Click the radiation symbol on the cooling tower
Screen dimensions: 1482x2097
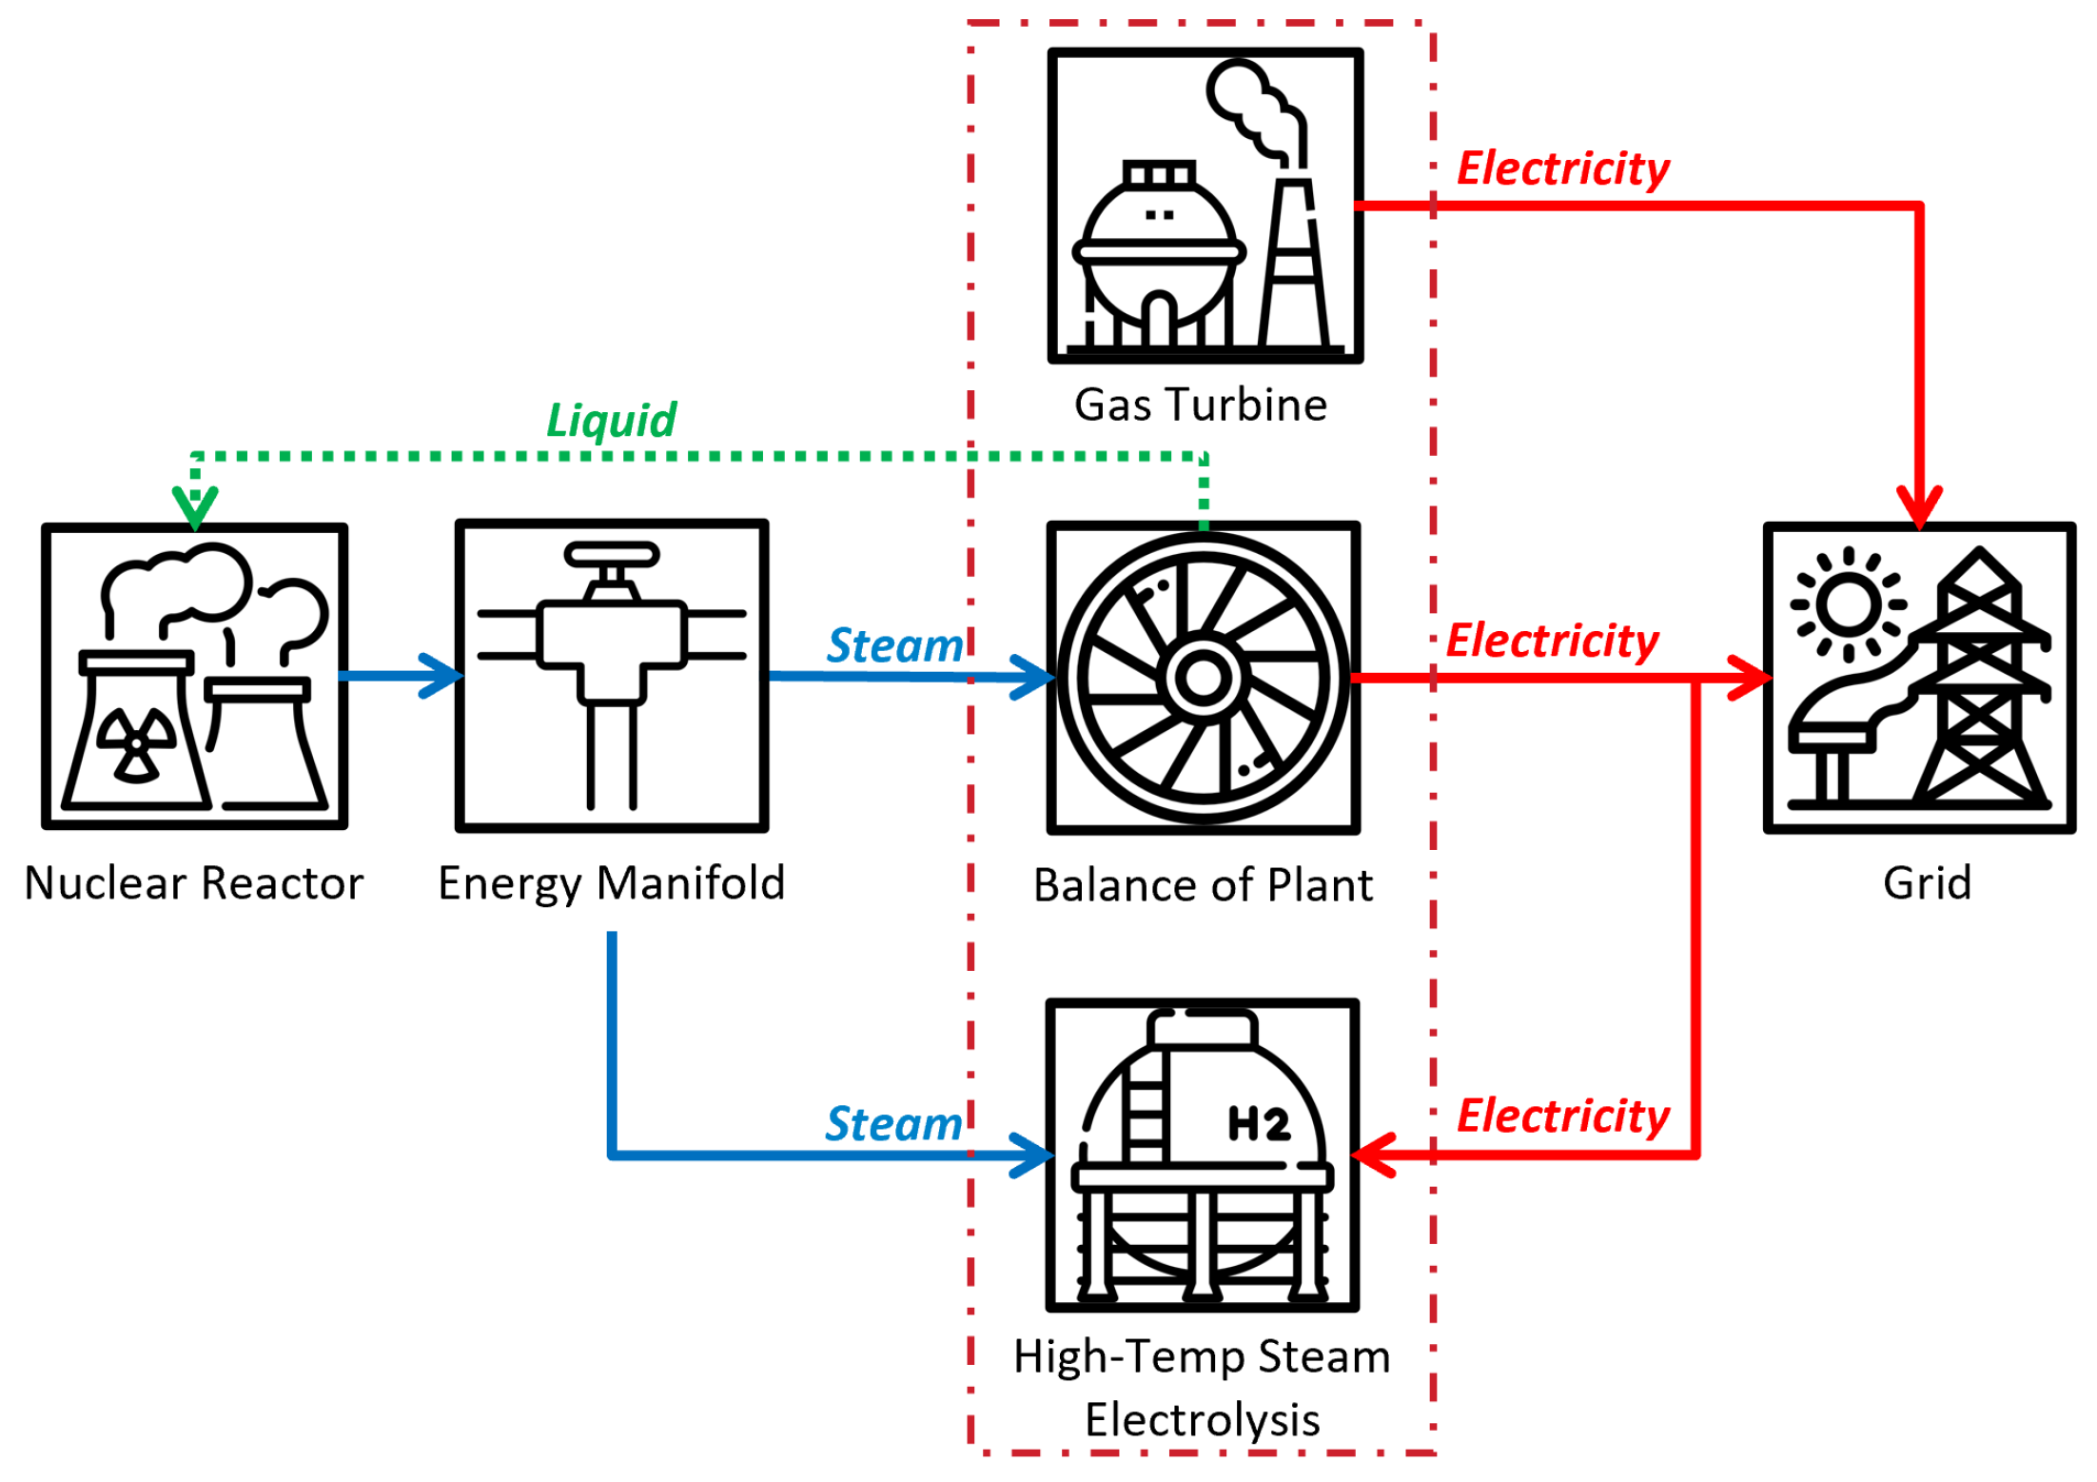[x=139, y=744]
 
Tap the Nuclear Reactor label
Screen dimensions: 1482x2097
[x=194, y=883]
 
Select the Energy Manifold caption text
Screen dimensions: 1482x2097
[x=611, y=883]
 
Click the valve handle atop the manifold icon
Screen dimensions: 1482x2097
[x=611, y=554]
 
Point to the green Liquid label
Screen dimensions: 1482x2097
[x=611, y=421]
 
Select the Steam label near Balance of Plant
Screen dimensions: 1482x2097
[x=894, y=646]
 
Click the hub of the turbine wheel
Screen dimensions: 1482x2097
[x=1204, y=678]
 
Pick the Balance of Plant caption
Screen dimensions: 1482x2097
[x=1203, y=886]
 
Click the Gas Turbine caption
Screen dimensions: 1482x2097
[x=1201, y=405]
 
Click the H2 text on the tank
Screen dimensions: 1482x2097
[x=1259, y=1124]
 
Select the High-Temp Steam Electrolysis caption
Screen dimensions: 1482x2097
[x=1202, y=1388]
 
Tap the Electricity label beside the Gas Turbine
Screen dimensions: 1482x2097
[x=1563, y=169]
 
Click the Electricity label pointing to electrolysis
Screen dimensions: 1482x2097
[x=1563, y=1116]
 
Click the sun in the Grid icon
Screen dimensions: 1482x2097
[x=1848, y=604]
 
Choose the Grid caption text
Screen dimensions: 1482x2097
[x=1927, y=883]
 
